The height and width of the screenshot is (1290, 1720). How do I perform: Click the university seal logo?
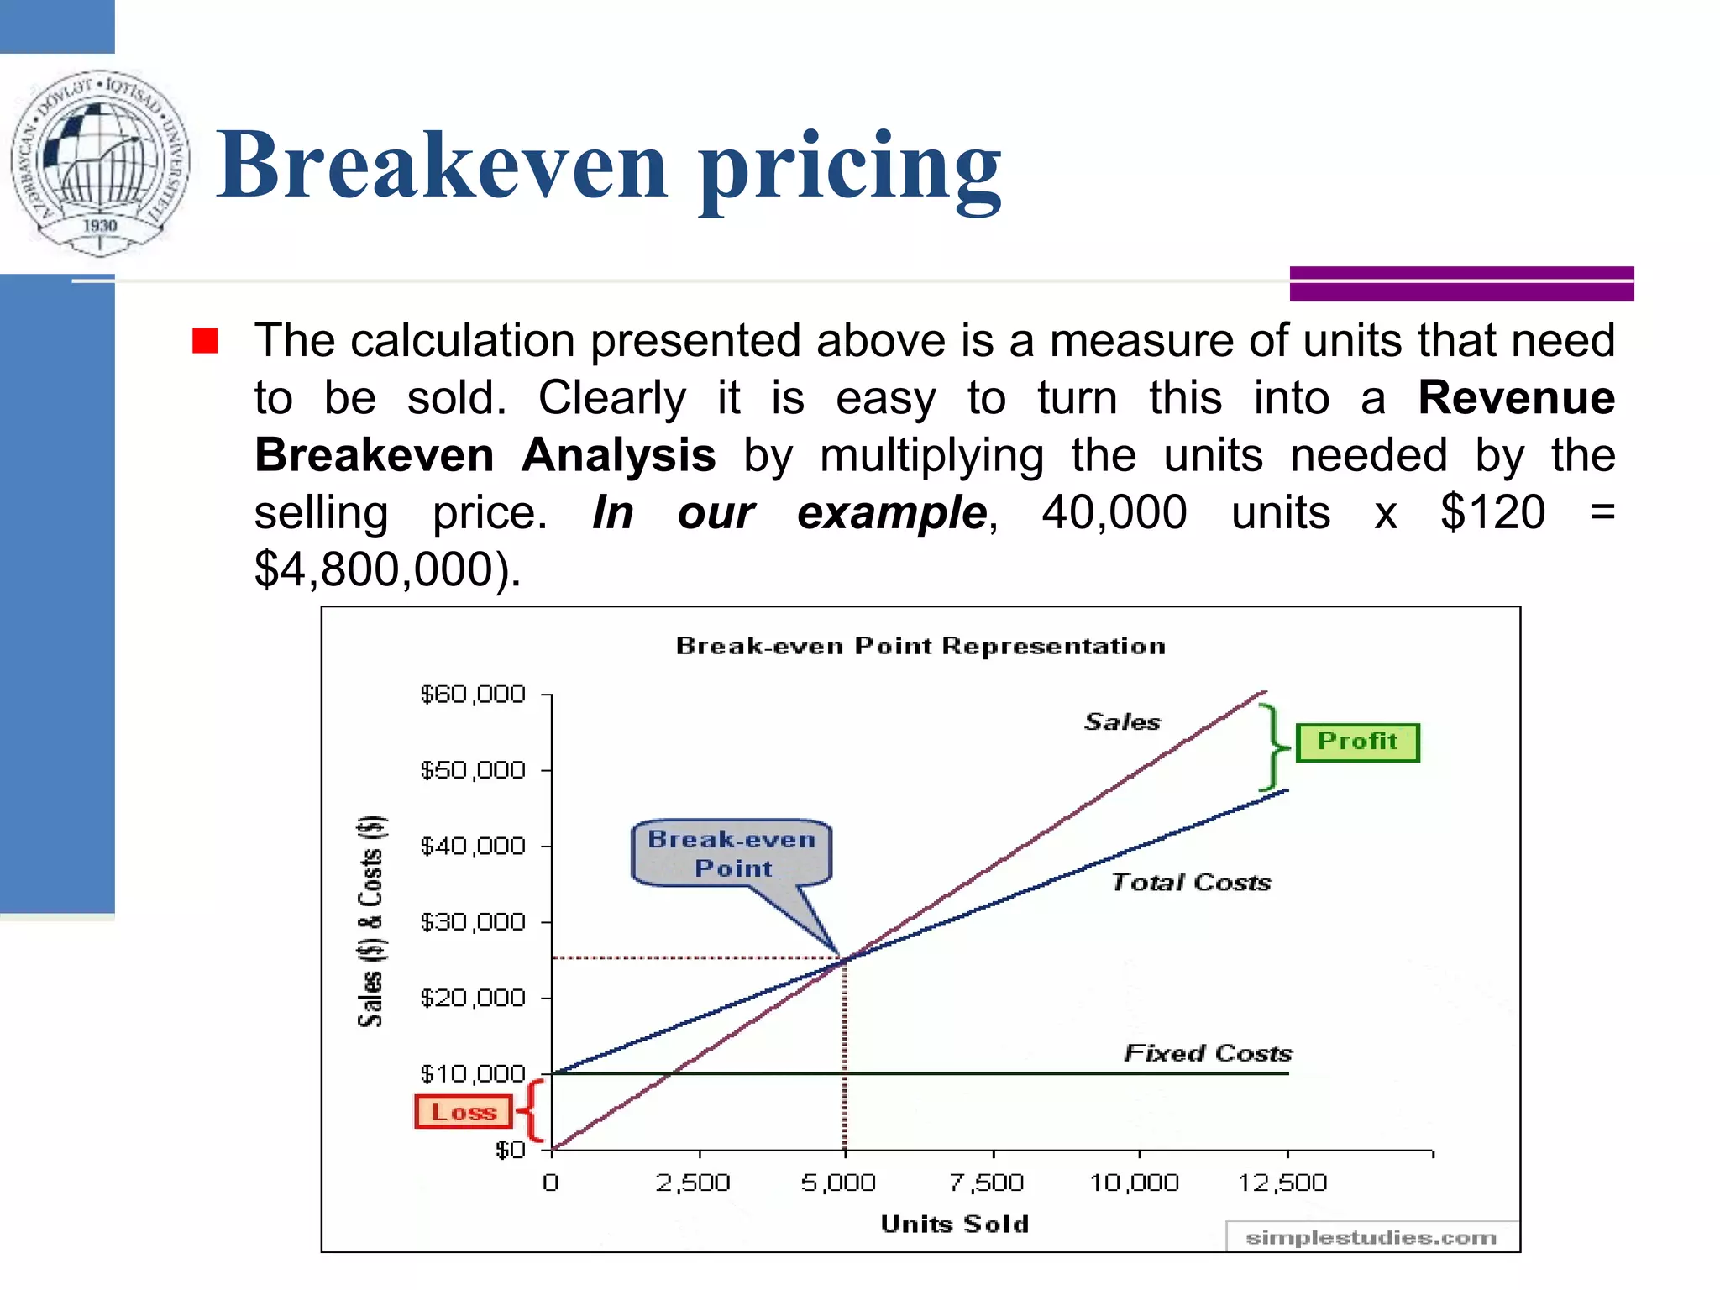(100, 163)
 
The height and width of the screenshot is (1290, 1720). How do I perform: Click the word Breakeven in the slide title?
(442, 165)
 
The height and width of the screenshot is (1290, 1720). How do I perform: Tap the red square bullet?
(205, 341)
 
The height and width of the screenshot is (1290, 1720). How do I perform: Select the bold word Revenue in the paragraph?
(1516, 397)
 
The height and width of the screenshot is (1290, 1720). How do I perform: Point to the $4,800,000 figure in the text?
(385, 570)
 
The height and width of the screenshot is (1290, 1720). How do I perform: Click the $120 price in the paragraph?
(1492, 512)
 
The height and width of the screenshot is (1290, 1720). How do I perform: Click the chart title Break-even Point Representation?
(920, 646)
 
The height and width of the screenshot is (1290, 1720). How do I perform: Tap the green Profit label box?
(1357, 742)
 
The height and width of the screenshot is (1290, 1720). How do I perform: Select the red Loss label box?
(464, 1112)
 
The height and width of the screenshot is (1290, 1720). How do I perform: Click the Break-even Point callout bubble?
(732, 852)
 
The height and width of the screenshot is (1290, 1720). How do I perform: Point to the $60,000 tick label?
(472, 695)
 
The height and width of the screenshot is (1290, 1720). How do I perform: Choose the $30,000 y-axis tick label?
(472, 922)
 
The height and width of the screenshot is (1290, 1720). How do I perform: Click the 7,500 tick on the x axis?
(987, 1182)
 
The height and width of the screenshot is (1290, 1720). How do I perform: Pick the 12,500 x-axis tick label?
(1282, 1182)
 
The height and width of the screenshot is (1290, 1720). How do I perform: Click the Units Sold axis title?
(955, 1224)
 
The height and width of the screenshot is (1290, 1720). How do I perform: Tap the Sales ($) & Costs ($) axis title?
(371, 920)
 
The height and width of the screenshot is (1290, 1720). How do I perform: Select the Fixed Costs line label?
(1208, 1052)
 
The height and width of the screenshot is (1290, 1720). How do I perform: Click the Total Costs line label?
(1191, 882)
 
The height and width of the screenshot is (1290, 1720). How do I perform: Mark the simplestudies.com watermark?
(1371, 1237)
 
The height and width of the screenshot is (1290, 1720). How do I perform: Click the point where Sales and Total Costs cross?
(844, 959)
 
